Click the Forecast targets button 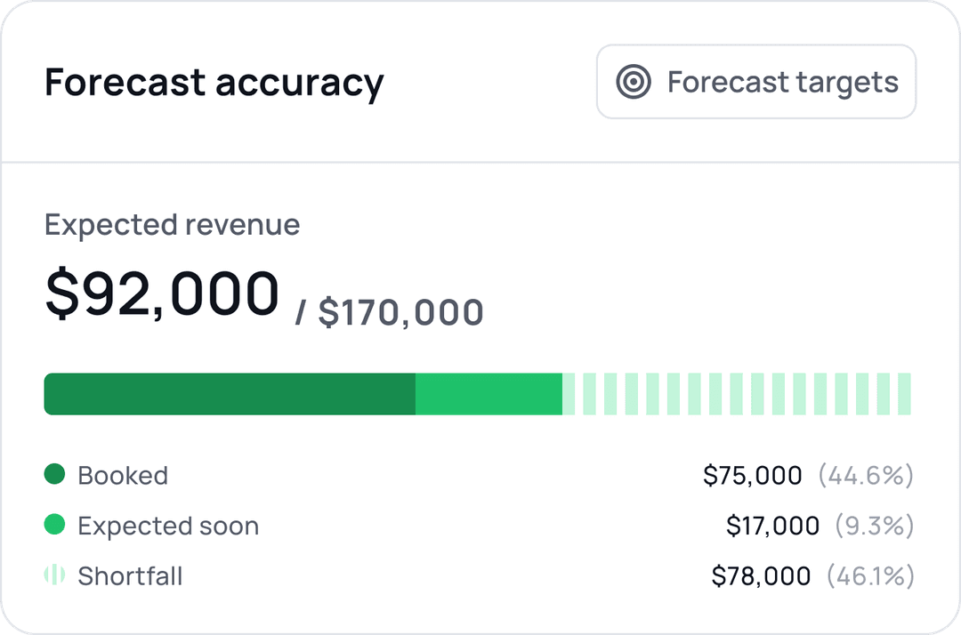[755, 82]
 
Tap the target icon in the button [634, 82]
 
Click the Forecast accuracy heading [214, 83]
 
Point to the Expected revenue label [172, 225]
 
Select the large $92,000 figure [162, 294]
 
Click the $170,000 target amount [400, 313]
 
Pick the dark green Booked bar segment [230, 394]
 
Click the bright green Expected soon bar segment [489, 394]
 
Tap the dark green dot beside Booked [54, 475]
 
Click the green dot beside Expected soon [54, 526]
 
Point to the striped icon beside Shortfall [54, 575]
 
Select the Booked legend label [123, 476]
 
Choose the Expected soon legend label [168, 526]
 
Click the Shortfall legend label [130, 576]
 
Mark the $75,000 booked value [752, 476]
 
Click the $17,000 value [772, 526]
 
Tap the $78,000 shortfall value [761, 576]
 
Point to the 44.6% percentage [866, 476]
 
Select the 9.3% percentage [875, 526]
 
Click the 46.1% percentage [870, 576]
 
